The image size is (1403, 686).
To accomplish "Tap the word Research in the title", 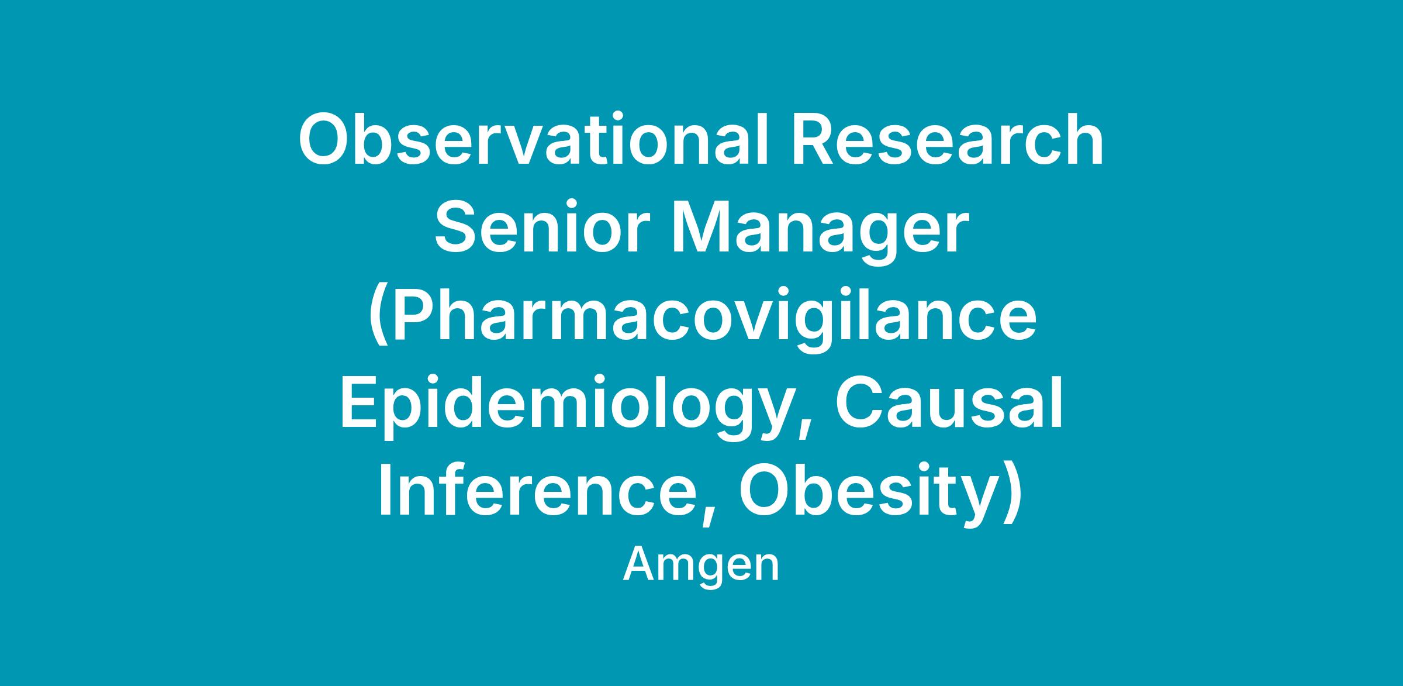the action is tap(947, 141).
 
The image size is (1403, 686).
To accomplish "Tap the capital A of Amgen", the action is tap(640, 564).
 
